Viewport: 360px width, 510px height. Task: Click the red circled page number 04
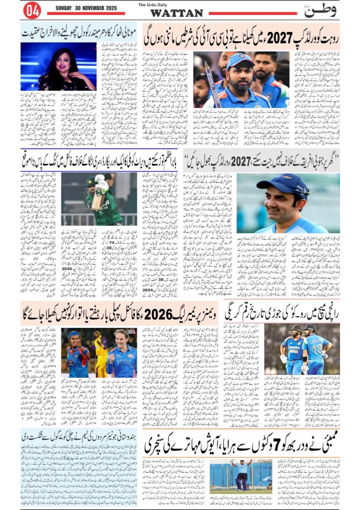pyautogui.click(x=32, y=10)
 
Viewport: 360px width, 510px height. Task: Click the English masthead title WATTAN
pyautogui.click(x=176, y=13)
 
